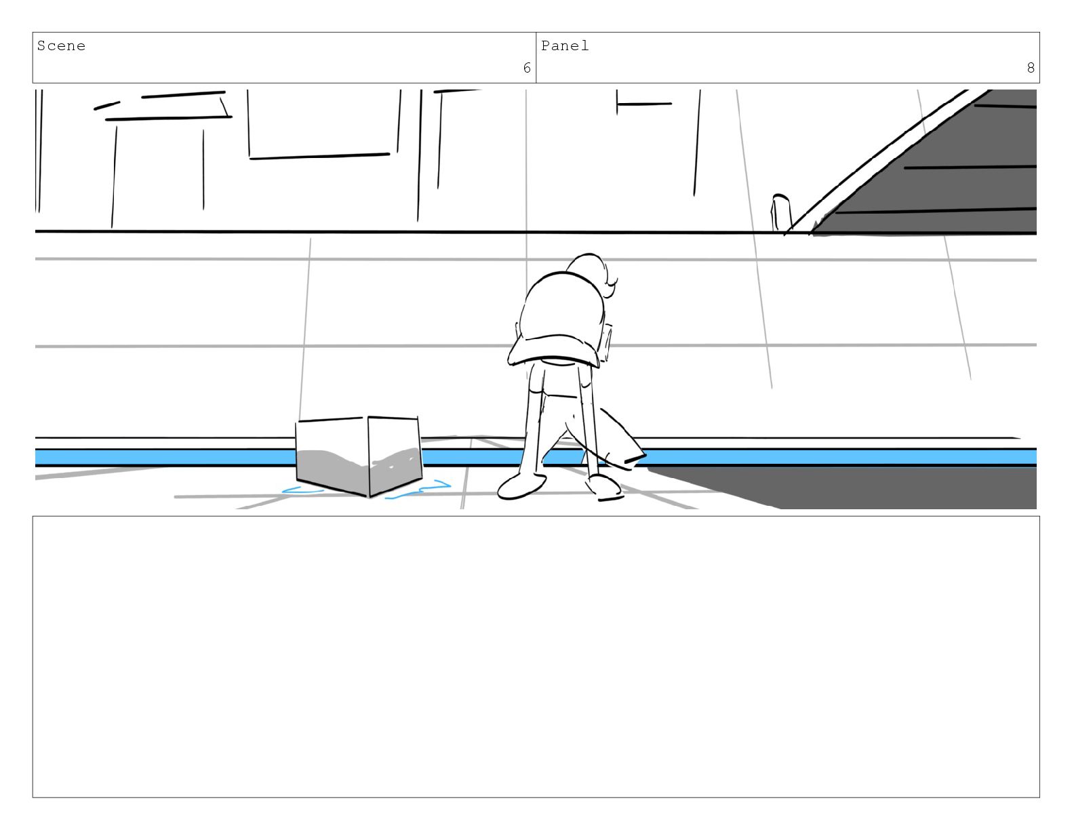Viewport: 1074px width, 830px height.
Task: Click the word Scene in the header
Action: [61, 46]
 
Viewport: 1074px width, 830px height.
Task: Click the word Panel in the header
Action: [565, 46]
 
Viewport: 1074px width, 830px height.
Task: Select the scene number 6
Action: [527, 68]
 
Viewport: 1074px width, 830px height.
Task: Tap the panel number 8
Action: [1031, 68]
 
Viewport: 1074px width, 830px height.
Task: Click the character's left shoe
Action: [521, 486]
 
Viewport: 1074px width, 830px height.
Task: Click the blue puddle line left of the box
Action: [302, 490]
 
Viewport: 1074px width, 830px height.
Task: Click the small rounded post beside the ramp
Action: [780, 212]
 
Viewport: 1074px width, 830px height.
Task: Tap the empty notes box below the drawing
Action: [536, 656]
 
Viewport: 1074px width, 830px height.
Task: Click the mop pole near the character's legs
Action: [591, 434]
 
